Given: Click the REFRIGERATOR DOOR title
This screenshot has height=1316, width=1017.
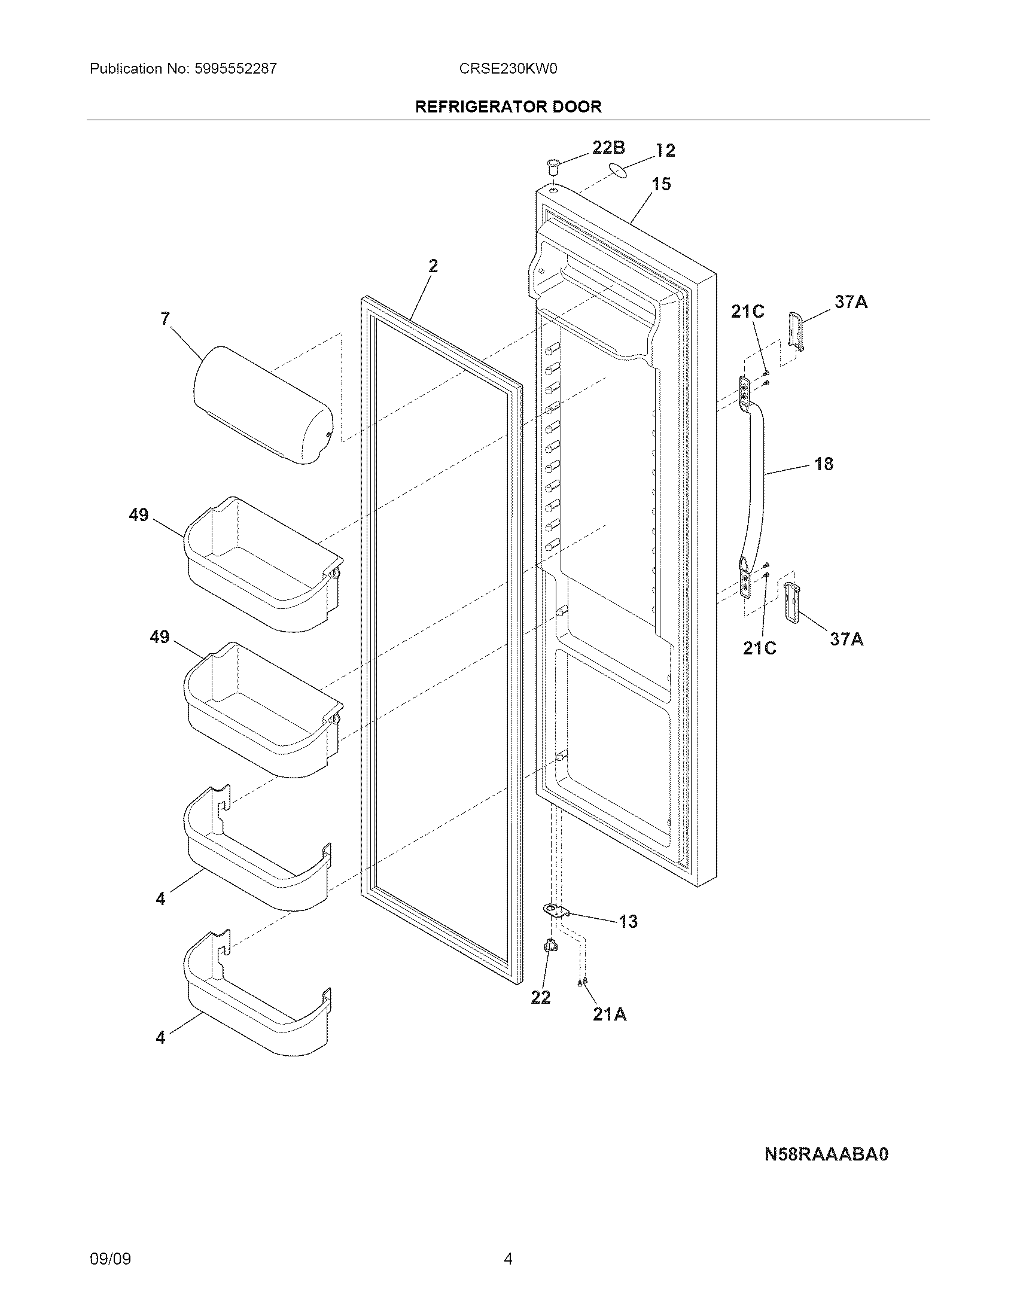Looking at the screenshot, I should click(508, 106).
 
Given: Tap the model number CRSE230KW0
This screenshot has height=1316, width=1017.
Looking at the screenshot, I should click(508, 69).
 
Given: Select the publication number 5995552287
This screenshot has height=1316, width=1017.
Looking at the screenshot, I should click(236, 69).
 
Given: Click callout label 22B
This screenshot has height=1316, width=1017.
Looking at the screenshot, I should click(608, 148).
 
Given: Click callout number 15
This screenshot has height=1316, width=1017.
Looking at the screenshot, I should click(661, 184).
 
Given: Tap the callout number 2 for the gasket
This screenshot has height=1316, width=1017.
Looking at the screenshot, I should click(433, 266).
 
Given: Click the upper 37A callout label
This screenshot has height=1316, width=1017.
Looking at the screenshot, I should click(851, 302).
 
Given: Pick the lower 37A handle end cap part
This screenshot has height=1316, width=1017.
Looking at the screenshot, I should click(791, 602).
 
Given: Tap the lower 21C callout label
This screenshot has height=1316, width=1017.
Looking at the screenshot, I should click(759, 648).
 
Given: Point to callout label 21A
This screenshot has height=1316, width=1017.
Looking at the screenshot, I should click(609, 1015).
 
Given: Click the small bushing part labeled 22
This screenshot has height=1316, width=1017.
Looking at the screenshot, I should click(549, 946).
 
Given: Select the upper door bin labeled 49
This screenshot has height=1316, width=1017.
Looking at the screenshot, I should click(263, 563).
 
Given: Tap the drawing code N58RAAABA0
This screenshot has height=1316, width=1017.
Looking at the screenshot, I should click(826, 1153).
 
